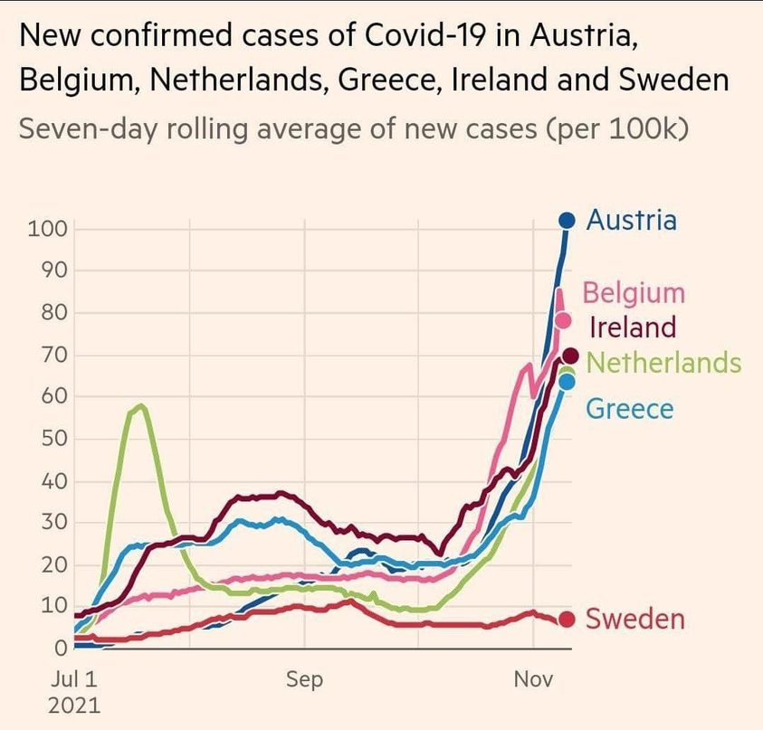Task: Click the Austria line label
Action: (631, 220)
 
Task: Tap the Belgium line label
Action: (634, 293)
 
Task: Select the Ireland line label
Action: (633, 327)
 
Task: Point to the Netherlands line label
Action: (663, 363)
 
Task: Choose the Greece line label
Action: (630, 409)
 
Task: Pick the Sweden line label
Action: (634, 620)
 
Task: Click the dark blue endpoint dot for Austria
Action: (567, 220)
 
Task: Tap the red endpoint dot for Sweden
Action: (567, 620)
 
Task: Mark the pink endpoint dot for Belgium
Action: (564, 320)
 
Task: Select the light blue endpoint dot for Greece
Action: (567, 382)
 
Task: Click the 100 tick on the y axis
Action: (47, 228)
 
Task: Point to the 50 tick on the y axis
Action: (52, 439)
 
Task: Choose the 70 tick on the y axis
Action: (52, 355)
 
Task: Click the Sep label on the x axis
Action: (304, 679)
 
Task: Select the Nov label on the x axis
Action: (533, 679)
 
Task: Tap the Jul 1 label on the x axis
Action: (75, 679)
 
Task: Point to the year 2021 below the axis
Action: (75, 705)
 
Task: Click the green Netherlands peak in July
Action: (140, 406)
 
